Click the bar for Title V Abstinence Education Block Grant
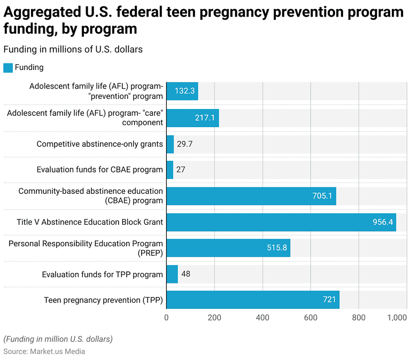tap(281, 222)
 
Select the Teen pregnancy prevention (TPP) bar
tap(253, 300)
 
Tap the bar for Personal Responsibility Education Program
tap(228, 248)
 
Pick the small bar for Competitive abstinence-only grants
tap(170, 144)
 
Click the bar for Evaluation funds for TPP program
tap(172, 274)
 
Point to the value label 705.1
tap(322, 196)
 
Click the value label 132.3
tap(183, 91)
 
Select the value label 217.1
tap(204, 118)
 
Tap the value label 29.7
tap(185, 144)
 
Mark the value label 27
tap(181, 170)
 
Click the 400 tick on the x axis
tap(262, 318)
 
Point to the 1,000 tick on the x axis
tap(397, 318)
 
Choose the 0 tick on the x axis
tap(166, 318)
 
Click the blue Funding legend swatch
tap(8, 68)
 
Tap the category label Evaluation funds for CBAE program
tap(99, 170)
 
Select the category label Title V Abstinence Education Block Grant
tap(90, 222)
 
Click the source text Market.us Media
tap(57, 351)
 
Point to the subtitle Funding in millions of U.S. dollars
tap(73, 49)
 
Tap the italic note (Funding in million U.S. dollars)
tap(58, 339)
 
